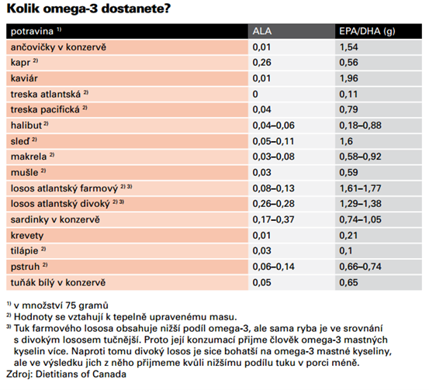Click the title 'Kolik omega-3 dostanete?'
click(88, 9)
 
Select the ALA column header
click(262, 31)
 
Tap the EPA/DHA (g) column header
click(367, 32)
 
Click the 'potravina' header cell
click(32, 32)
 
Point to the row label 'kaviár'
click(24, 78)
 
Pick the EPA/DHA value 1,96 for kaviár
click(348, 78)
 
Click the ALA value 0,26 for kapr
click(261, 63)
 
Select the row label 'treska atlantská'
click(46, 94)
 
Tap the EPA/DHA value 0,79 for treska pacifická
click(348, 109)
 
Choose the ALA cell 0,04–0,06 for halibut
click(273, 126)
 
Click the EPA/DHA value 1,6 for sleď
click(346, 141)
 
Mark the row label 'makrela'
click(29, 157)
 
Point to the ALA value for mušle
click(261, 173)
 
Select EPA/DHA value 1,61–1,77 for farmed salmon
click(360, 188)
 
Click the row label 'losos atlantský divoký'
click(60, 204)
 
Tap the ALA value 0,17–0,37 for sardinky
click(273, 219)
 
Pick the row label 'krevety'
click(27, 236)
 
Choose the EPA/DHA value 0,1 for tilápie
click(346, 250)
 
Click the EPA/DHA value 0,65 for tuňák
click(348, 282)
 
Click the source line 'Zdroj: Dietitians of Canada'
click(66, 374)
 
